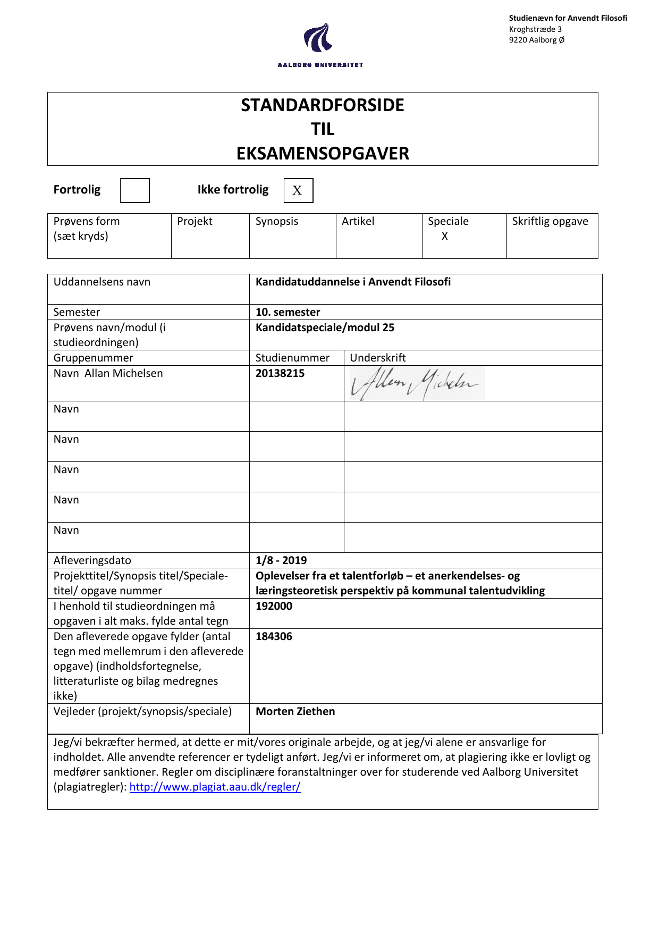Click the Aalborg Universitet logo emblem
pos(318,38)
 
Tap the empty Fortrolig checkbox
pos(134,190)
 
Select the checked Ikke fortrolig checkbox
pos(298,190)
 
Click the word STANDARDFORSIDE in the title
pos(322,105)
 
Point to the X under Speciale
pos(445,236)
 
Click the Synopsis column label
pos(276,221)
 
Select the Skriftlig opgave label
pos(550,221)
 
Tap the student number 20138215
pos(280,373)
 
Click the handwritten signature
pos(415,383)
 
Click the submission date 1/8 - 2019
pos(281,560)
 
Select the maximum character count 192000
pos(274,606)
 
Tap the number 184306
pos(274,636)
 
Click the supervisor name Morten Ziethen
pos(295,711)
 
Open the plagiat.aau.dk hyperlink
pos(215,787)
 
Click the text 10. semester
pos(288,312)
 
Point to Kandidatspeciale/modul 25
pos(325,327)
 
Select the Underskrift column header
pos(378,358)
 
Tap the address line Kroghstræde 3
pos(535,29)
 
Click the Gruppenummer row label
pos(93,358)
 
